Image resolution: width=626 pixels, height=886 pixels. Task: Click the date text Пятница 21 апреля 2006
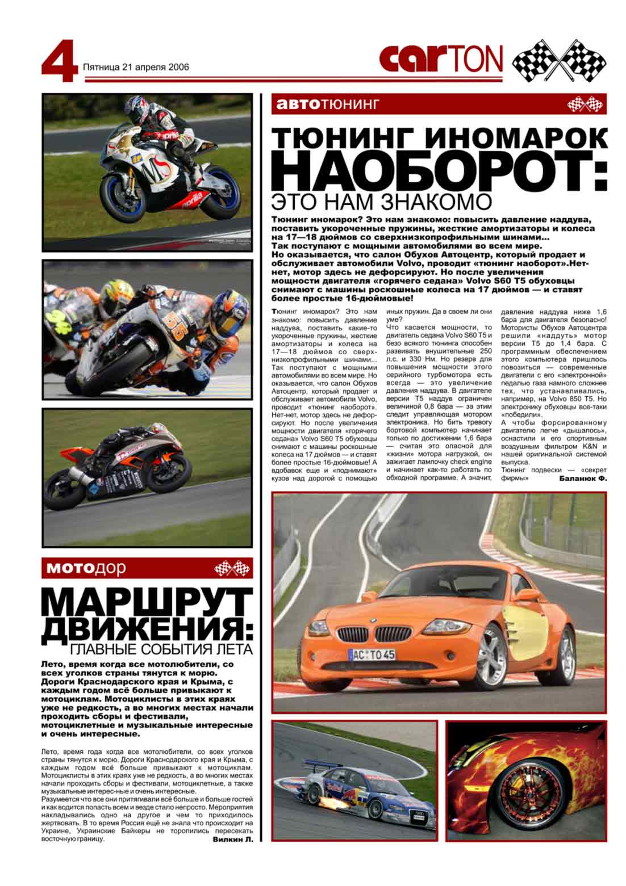(136, 67)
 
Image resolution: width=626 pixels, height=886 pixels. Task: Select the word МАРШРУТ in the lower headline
(147, 603)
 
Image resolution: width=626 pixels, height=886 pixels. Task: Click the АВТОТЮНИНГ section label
(325, 104)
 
